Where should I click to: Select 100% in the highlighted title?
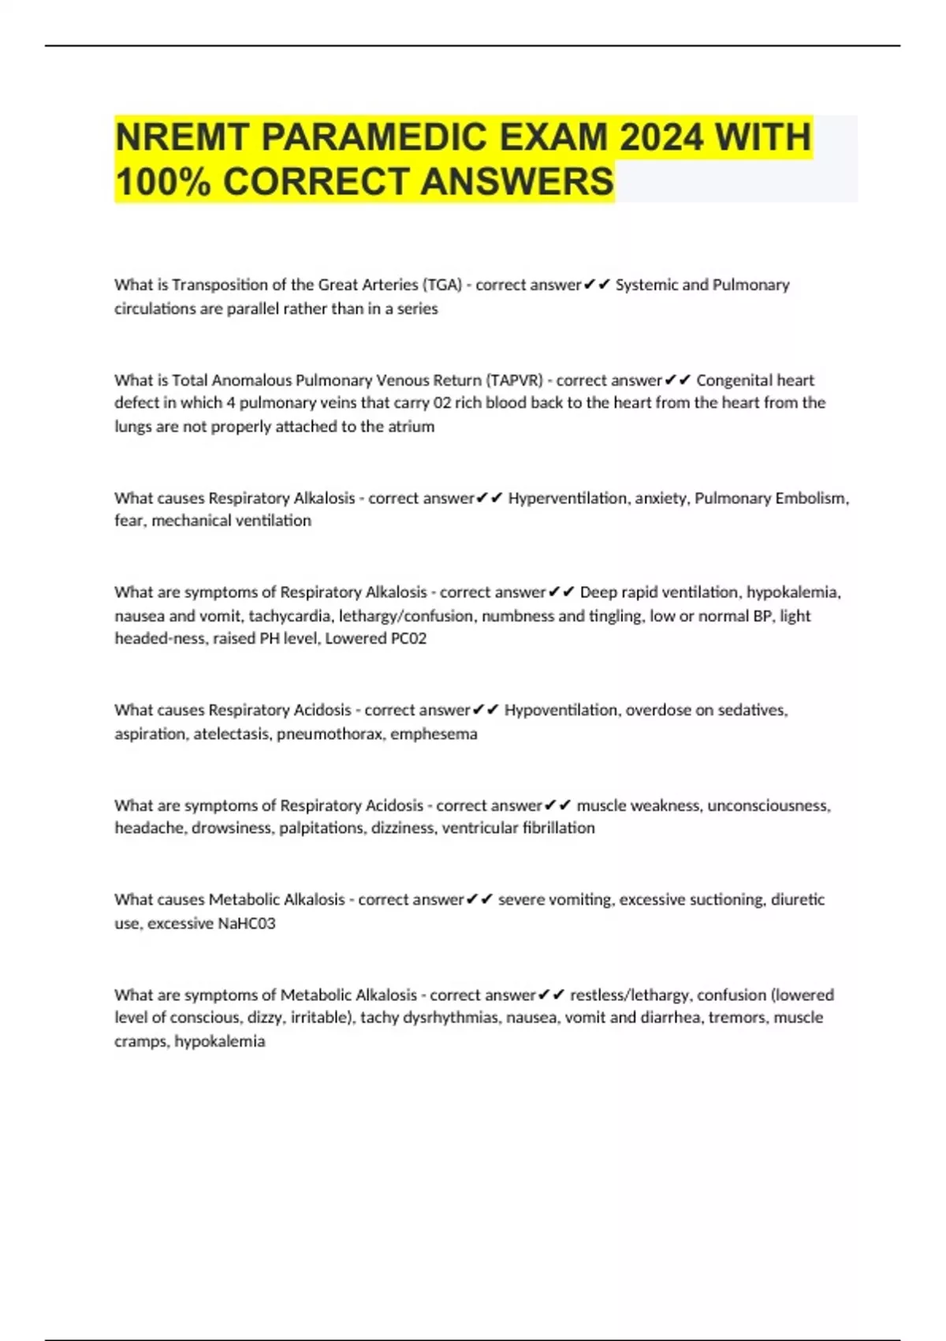163,181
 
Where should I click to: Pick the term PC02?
408,638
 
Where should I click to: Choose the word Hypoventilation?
561,710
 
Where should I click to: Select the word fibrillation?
558,827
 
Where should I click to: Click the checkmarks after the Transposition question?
597,285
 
